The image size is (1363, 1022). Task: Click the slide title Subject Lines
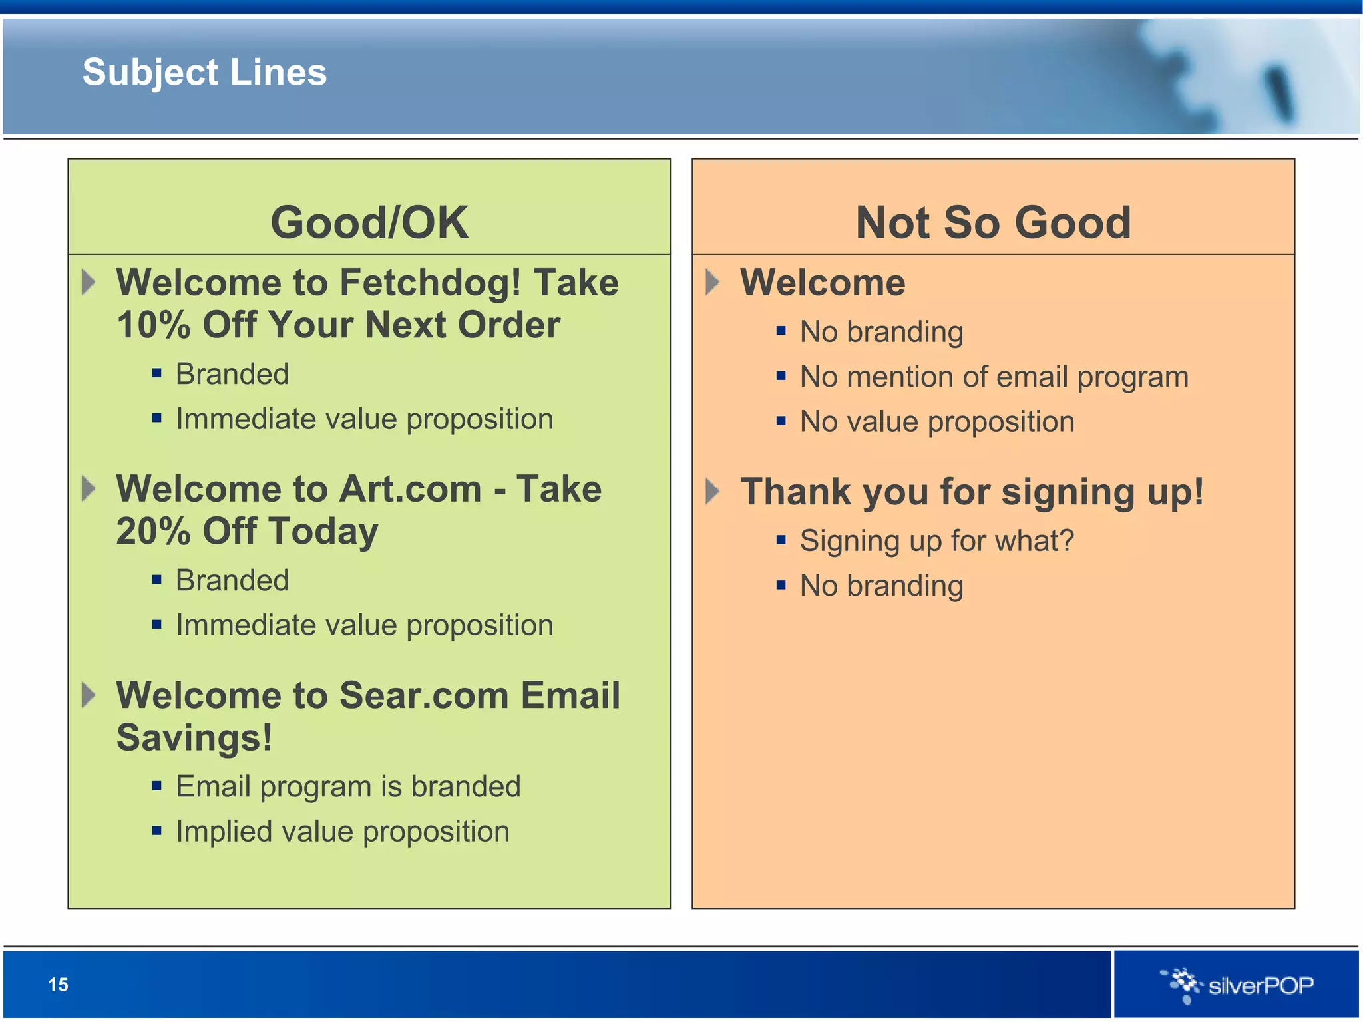204,72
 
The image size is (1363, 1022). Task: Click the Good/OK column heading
369,222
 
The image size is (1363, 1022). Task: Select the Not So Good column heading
993,222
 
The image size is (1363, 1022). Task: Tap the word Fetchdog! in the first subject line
430,283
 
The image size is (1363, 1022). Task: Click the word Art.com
410,489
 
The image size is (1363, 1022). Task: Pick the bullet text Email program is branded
348,787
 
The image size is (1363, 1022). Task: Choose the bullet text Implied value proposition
342,832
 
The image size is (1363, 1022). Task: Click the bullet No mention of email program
994,377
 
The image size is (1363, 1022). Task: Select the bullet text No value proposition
937,422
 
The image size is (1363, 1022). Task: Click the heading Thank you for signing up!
972,492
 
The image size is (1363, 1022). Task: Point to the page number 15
58,985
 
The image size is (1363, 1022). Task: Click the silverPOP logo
1238,985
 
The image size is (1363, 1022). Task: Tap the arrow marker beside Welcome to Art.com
88,489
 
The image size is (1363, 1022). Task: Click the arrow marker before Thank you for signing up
712,492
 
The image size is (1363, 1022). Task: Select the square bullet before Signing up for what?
781,540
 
